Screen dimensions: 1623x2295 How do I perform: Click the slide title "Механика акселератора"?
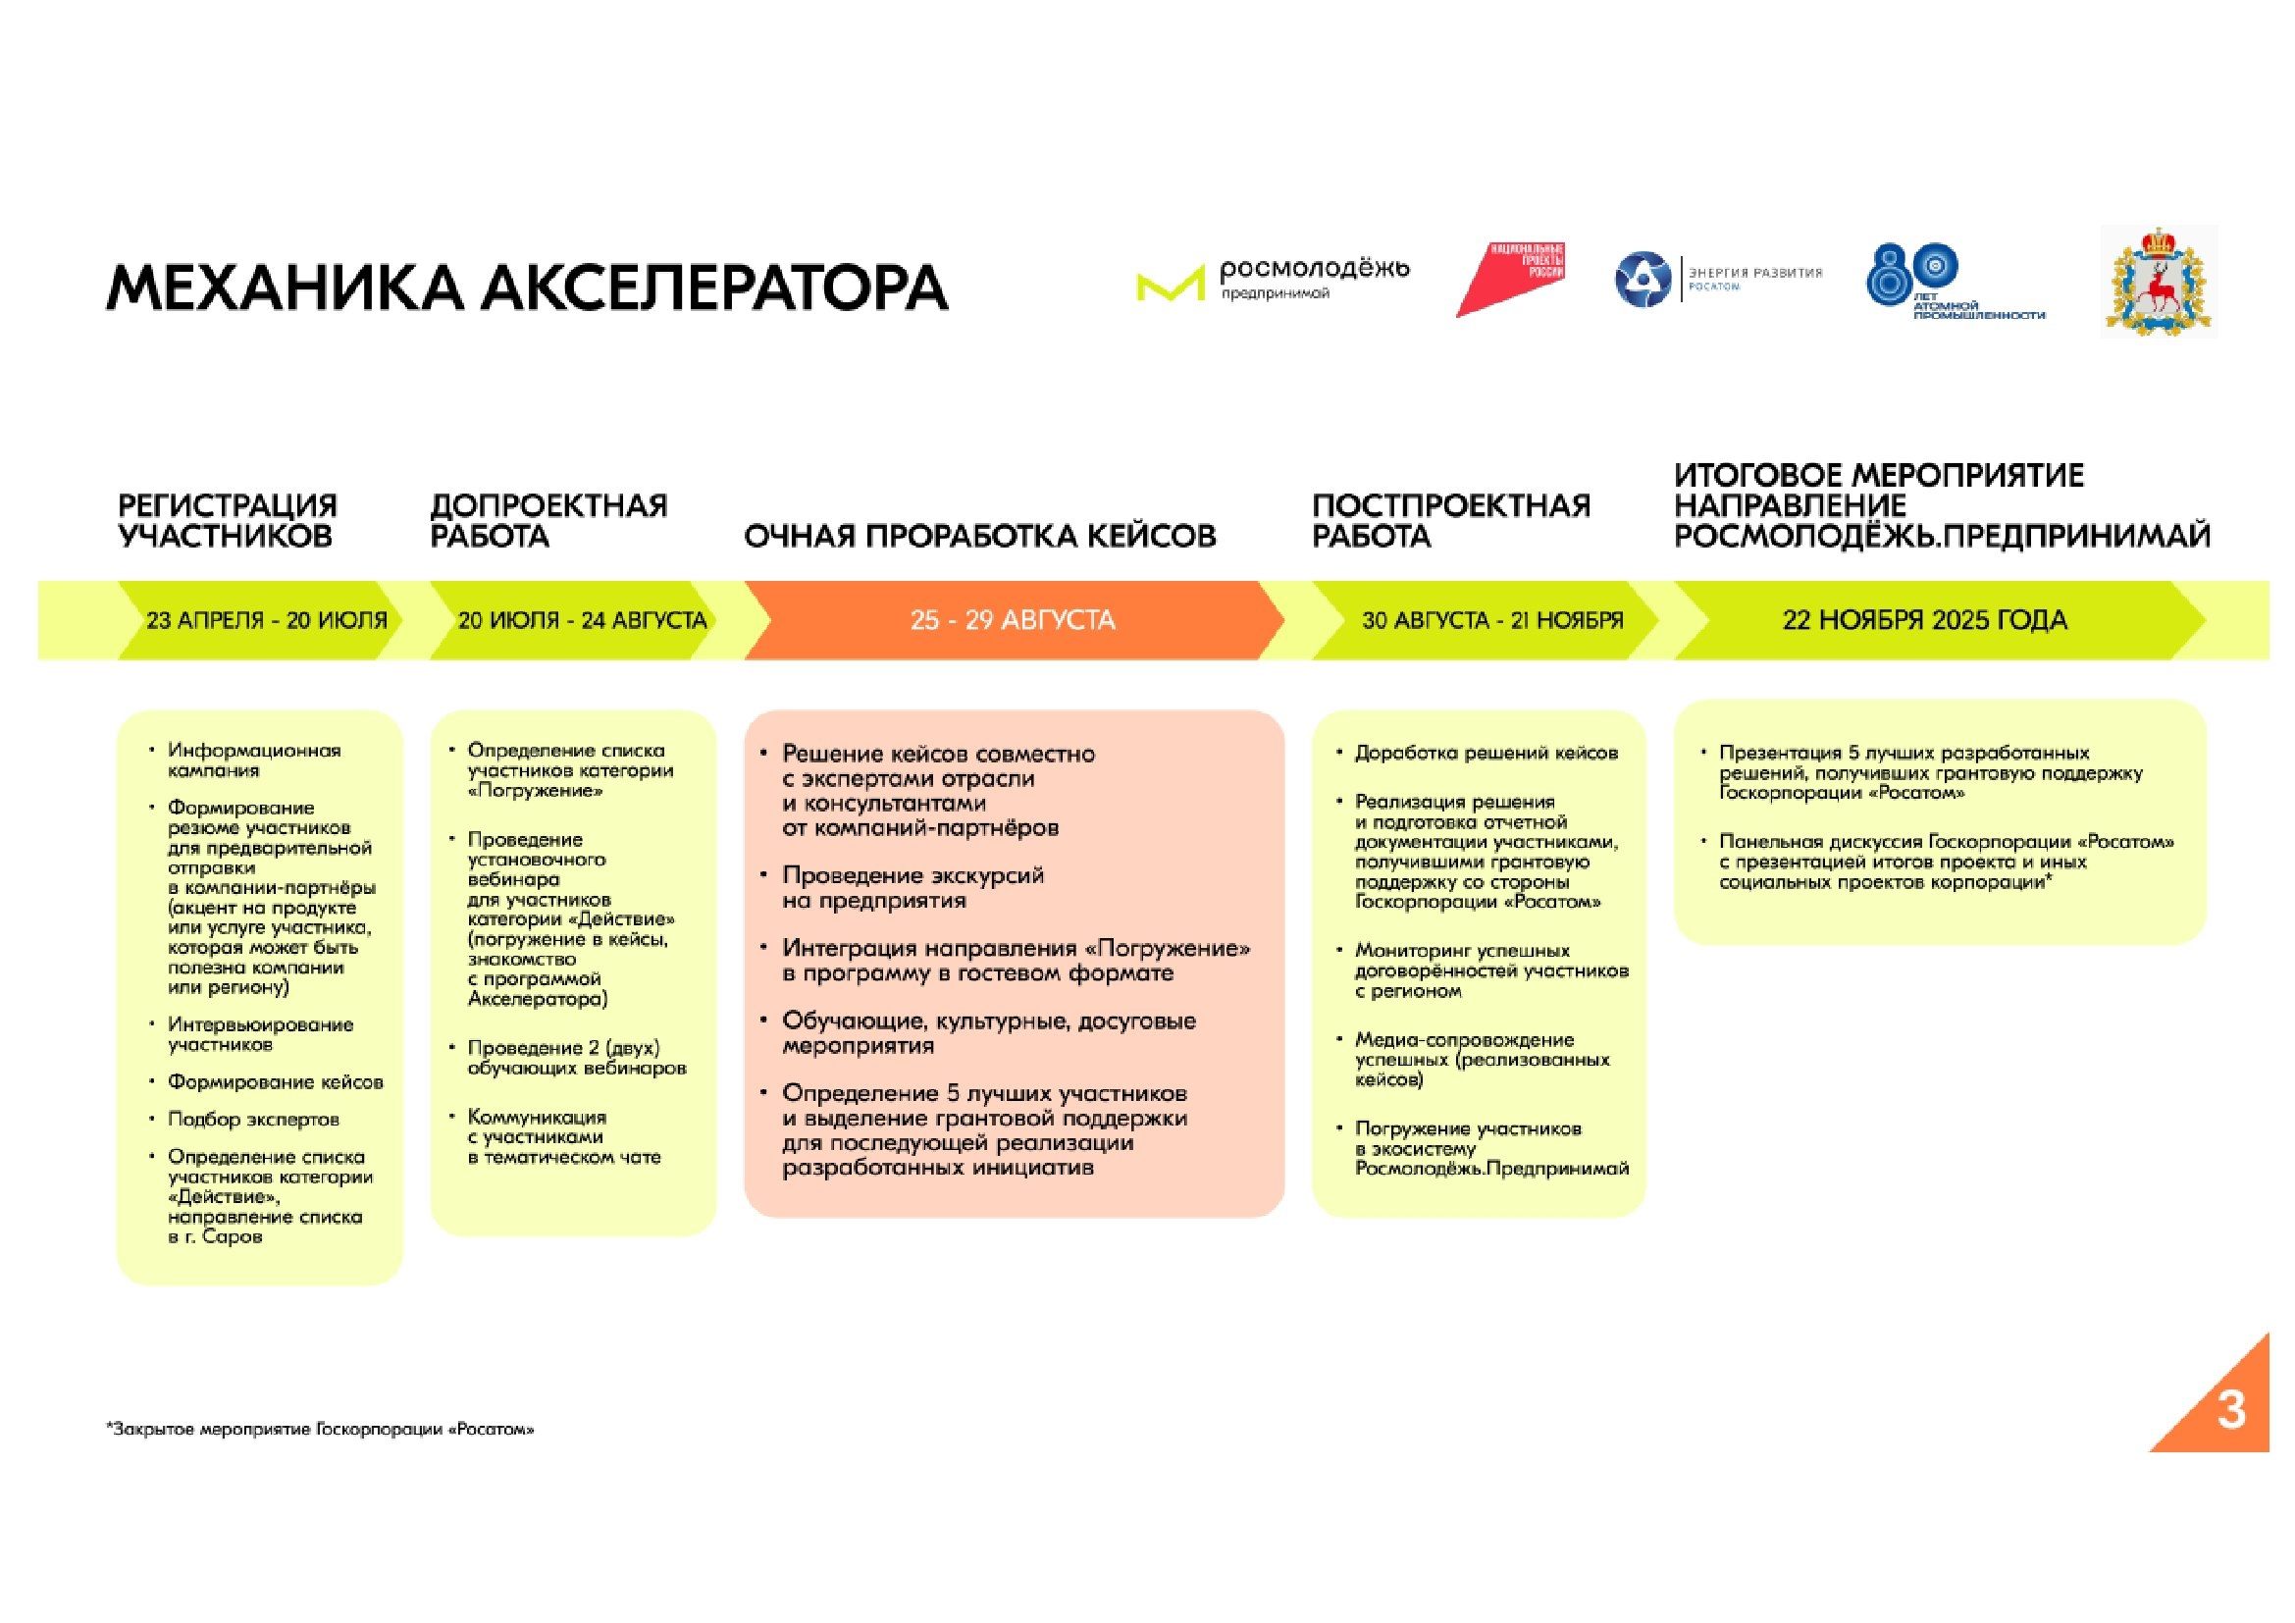pos(527,288)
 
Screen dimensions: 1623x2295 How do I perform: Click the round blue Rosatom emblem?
pos(1643,280)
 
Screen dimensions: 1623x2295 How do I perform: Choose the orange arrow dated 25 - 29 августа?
pos(1013,620)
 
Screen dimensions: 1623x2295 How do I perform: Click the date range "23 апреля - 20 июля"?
pos(266,620)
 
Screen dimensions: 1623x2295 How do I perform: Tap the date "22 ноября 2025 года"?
pos(1924,620)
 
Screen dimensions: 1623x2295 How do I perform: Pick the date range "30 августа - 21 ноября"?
pos(1491,620)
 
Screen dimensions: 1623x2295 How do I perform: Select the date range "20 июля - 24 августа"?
pos(582,620)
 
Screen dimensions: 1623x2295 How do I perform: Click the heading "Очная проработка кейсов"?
pos(979,537)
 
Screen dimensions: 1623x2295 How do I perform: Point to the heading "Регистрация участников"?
pos(228,521)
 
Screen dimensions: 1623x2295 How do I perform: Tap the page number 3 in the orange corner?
pos(2230,1410)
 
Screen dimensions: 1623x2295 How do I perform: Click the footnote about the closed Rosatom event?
pos(320,1430)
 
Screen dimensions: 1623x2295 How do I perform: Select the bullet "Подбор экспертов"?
pos(253,1120)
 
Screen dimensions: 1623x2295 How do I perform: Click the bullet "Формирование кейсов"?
pos(275,1082)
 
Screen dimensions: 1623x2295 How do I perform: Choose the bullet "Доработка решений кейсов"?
pos(1486,754)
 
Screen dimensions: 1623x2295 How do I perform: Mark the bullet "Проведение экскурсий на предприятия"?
pos(912,887)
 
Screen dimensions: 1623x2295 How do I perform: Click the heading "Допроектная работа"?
pos(548,521)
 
